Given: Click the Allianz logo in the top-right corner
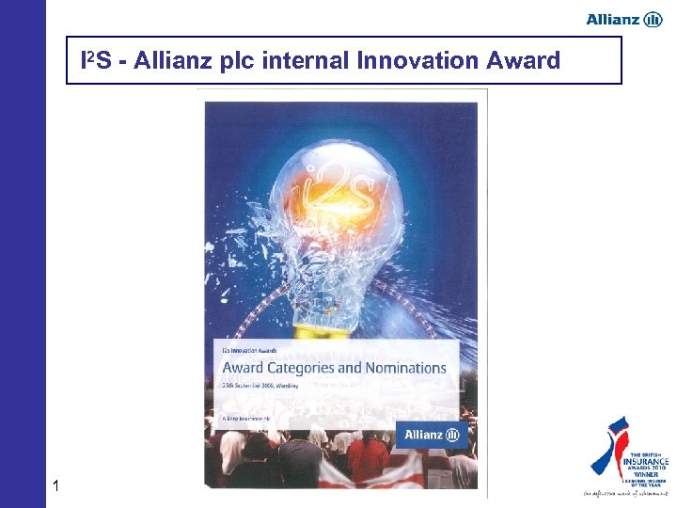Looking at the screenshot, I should (624, 19).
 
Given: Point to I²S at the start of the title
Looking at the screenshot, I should (98, 62).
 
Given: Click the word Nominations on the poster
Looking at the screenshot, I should (400, 368).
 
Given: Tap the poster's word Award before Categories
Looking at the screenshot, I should (243, 368).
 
